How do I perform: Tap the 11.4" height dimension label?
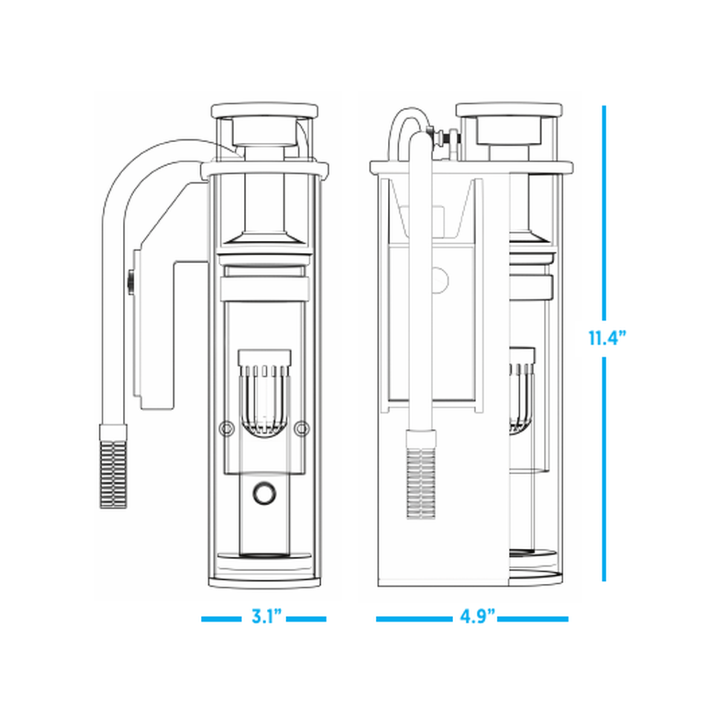[607, 338]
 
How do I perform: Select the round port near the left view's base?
[264, 492]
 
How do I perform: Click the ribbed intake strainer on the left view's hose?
[113, 466]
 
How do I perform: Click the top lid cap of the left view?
[264, 111]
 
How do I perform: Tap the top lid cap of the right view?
[509, 110]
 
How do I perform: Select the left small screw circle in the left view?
[226, 429]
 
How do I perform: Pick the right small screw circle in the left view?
[302, 429]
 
